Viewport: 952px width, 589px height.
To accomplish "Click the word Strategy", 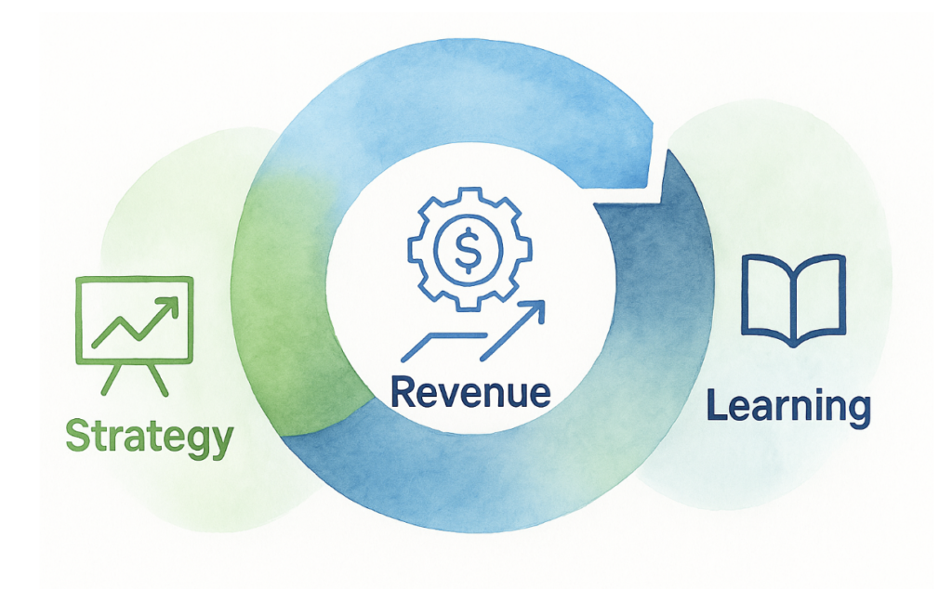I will click(x=150, y=437).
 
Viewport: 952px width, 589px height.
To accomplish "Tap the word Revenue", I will click(x=469, y=392).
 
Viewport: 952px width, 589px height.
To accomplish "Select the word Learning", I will click(x=787, y=406).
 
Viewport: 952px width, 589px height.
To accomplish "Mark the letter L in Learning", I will click(x=717, y=404).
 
